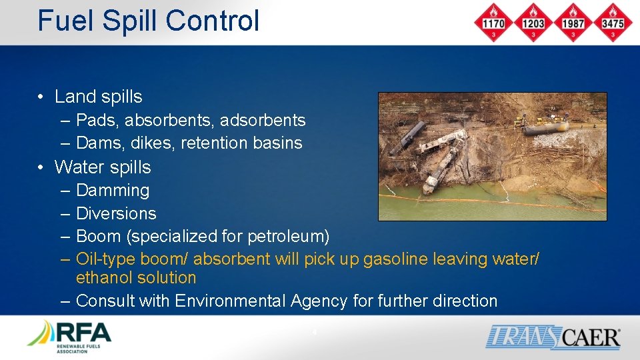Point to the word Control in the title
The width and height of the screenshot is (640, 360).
[x=212, y=20]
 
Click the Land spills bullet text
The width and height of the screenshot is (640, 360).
[x=98, y=97]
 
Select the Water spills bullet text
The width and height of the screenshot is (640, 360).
[x=103, y=167]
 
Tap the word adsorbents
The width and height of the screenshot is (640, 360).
[x=267, y=121]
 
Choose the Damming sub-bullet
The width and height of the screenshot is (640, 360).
[x=113, y=190]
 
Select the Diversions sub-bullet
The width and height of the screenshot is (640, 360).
[x=116, y=213]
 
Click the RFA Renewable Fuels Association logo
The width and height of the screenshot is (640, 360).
[x=69, y=337]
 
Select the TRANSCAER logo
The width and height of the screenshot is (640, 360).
[x=553, y=337]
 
